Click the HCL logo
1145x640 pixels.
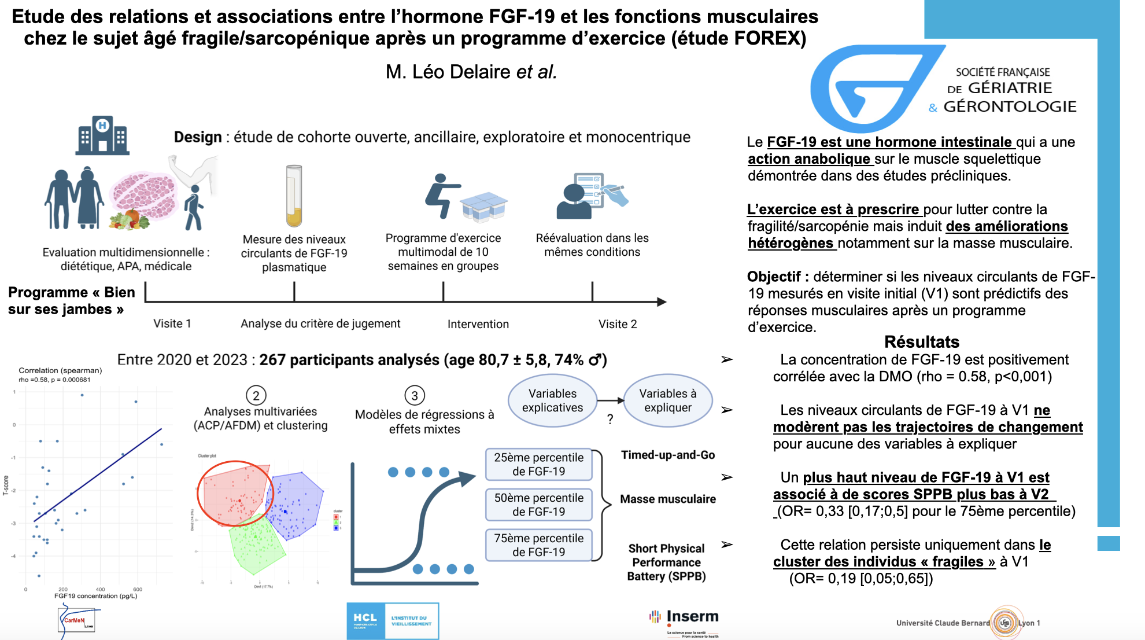coord(393,621)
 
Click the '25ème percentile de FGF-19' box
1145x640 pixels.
coord(538,464)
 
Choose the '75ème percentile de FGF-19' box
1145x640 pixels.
coord(538,545)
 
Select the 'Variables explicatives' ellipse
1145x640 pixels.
coord(552,400)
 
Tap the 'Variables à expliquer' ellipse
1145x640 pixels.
coord(667,400)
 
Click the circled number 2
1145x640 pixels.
coord(256,395)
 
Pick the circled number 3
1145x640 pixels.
coord(415,396)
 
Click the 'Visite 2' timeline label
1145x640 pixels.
coord(618,324)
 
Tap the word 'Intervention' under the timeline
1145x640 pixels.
coord(478,324)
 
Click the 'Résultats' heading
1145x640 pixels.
coord(921,341)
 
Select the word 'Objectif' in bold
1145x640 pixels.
coord(774,277)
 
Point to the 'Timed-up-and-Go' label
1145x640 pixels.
coord(667,455)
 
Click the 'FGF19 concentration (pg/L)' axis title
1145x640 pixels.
coord(95,596)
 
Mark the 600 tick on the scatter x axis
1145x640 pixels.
coord(138,589)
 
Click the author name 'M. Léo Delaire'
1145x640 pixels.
coord(448,72)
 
